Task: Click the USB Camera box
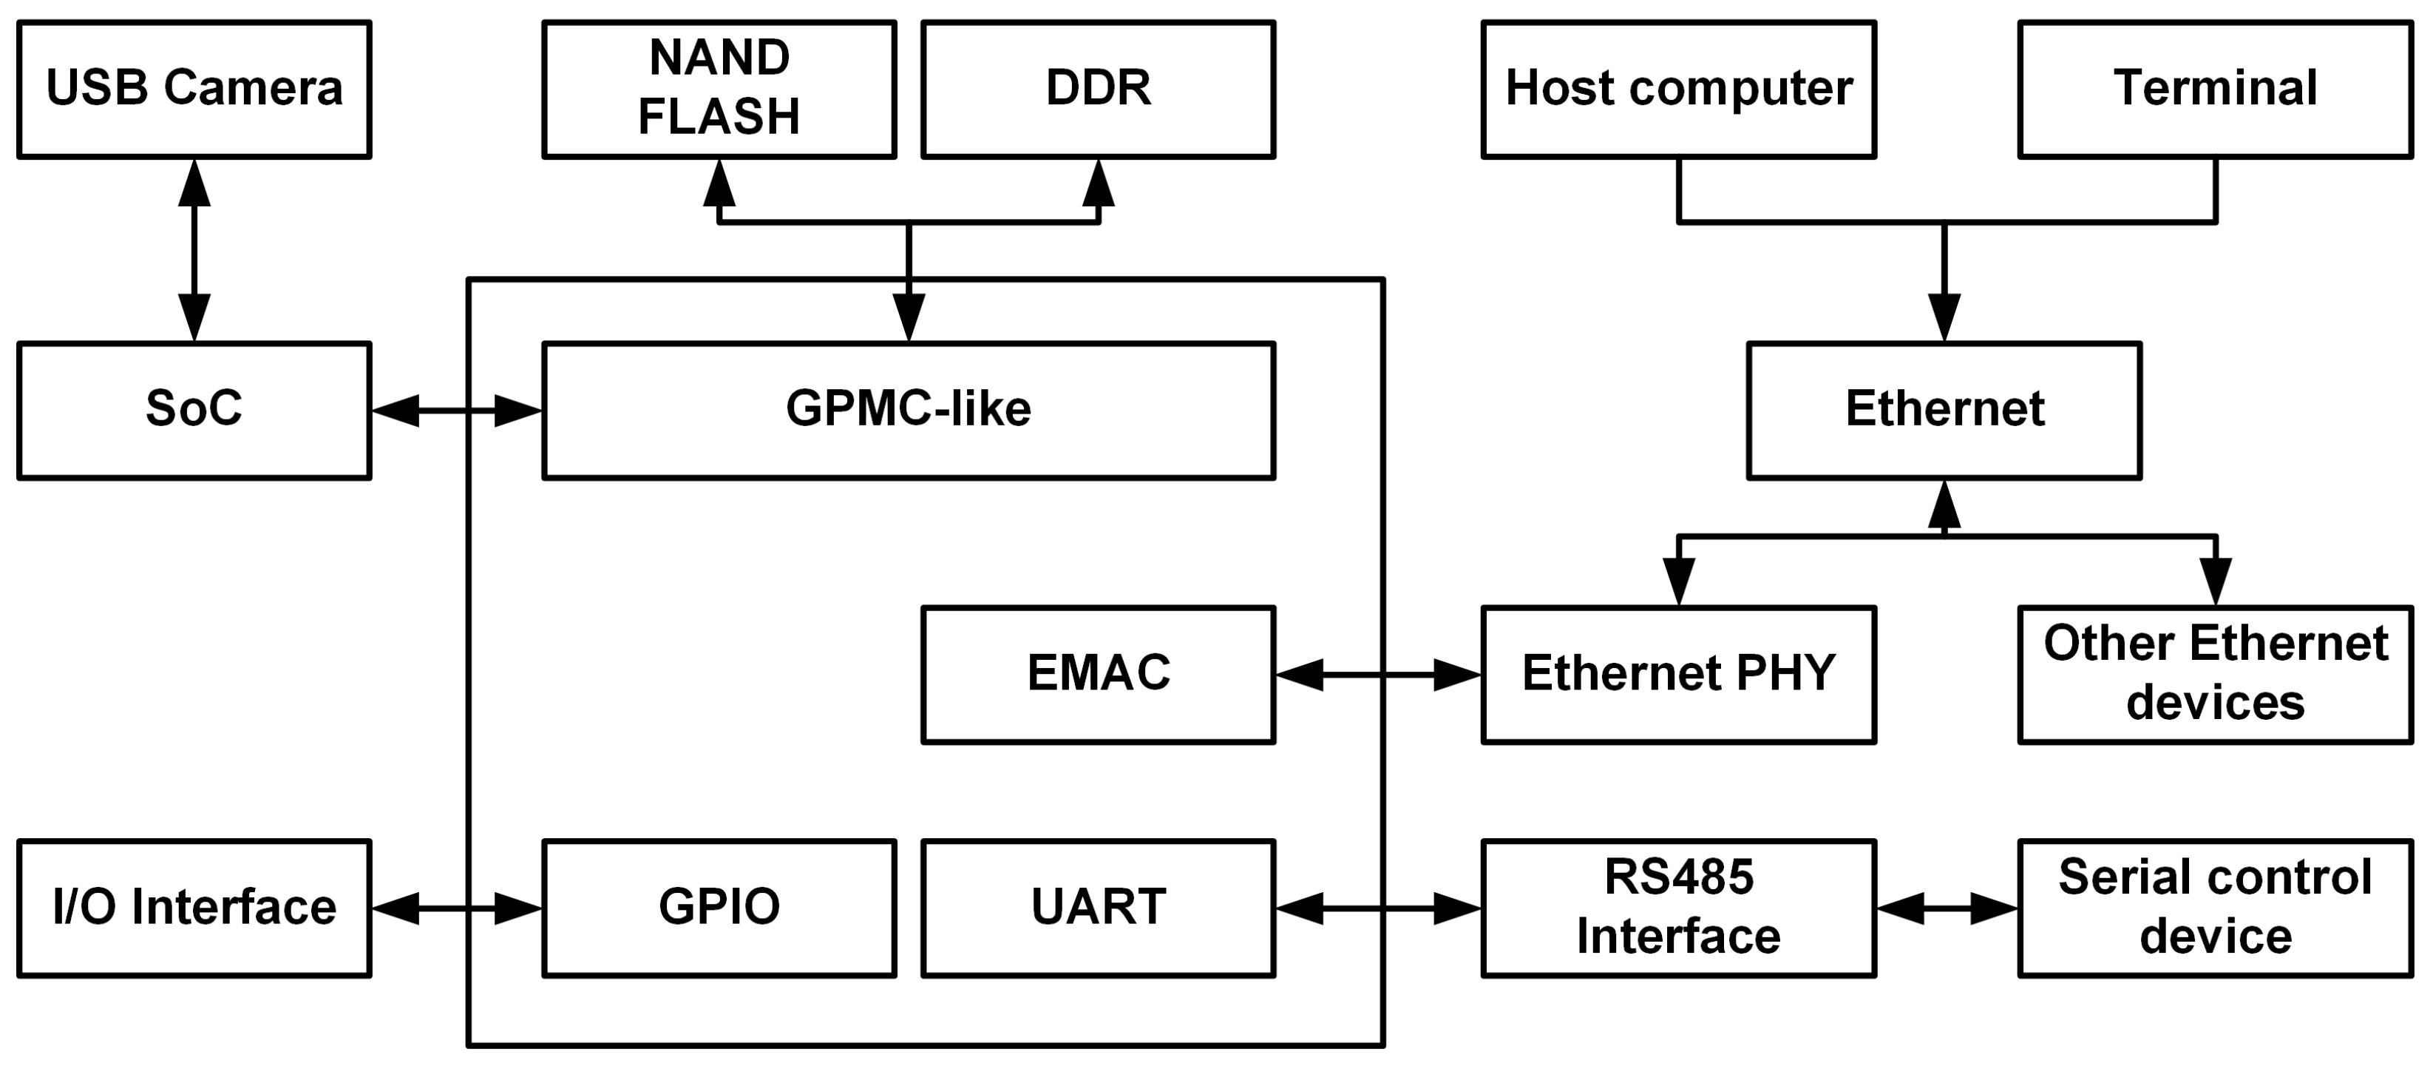194,89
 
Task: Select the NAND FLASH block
719,89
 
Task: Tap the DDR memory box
1098,89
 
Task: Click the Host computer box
1677,89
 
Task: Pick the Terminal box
2215,89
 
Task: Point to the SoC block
194,410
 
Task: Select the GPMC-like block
908,410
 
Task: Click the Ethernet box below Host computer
1944,410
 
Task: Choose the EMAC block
1098,674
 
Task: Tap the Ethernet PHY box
1677,674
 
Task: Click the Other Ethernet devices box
2215,674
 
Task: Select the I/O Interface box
194,907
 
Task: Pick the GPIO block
719,907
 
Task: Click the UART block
1098,907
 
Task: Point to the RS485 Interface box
1677,907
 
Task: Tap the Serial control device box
2215,907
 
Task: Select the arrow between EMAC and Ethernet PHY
1377,675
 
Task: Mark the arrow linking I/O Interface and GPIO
456,908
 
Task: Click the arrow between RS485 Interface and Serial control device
1947,908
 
